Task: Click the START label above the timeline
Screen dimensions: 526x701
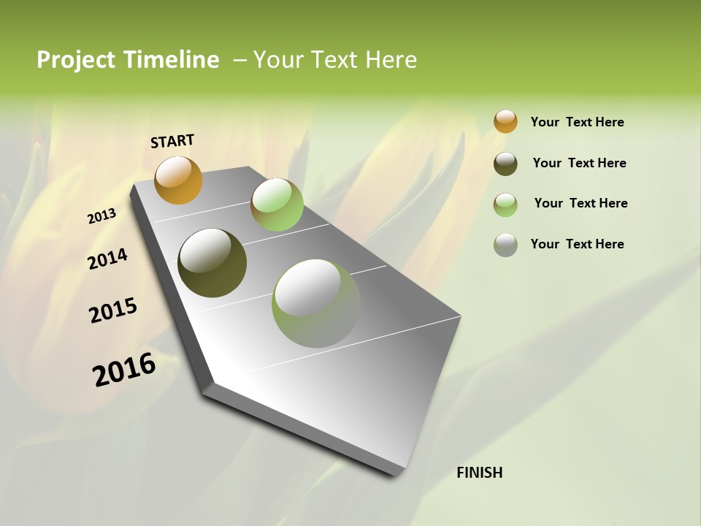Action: tap(172, 141)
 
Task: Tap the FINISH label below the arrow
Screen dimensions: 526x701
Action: tap(479, 473)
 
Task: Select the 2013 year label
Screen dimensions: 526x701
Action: tap(102, 216)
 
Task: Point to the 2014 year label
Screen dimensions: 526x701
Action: tap(107, 259)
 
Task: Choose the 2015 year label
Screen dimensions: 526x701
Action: tap(113, 310)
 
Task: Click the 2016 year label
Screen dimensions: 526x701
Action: tap(124, 369)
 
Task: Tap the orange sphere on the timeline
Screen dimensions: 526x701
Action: tap(178, 180)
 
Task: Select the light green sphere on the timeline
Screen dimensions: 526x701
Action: tap(277, 205)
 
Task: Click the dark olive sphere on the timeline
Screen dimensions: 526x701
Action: tap(212, 263)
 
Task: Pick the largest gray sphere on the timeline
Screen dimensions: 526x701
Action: tap(316, 303)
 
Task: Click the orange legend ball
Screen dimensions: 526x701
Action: tap(505, 122)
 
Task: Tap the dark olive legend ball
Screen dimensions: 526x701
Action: tap(505, 164)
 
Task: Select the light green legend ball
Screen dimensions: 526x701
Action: tap(505, 205)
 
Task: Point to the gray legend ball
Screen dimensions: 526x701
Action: tap(505, 245)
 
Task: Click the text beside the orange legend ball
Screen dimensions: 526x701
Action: tap(577, 122)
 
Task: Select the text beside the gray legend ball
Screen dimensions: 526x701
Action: tap(577, 244)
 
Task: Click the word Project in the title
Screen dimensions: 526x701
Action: tap(76, 60)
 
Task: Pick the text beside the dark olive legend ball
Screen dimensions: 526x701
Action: tap(579, 163)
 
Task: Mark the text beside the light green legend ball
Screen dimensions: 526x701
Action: tap(581, 203)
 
